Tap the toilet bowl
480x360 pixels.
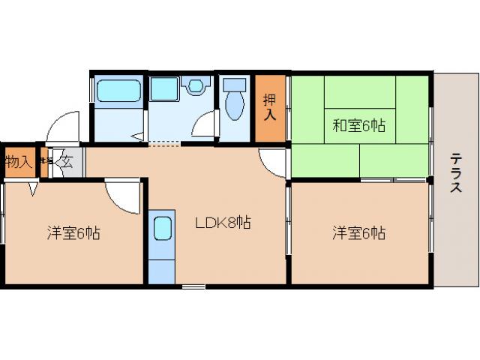tap(235, 104)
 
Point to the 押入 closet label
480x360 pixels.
tap(270, 107)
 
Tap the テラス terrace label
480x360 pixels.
tap(456, 173)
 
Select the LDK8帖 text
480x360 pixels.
tap(223, 223)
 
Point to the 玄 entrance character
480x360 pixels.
tap(65, 160)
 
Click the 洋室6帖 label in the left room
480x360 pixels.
tap(73, 233)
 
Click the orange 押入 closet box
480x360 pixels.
tap(270, 108)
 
